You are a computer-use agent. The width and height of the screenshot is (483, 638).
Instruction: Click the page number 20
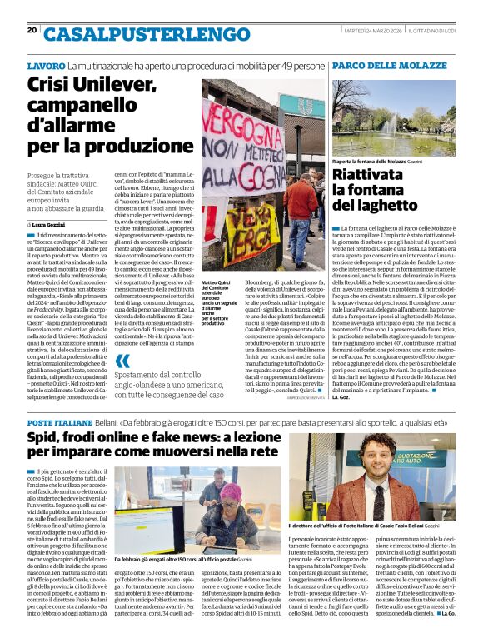point(32,30)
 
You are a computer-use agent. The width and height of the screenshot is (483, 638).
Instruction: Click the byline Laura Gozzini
point(50,225)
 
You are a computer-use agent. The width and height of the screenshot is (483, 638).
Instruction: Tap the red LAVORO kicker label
point(46,65)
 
